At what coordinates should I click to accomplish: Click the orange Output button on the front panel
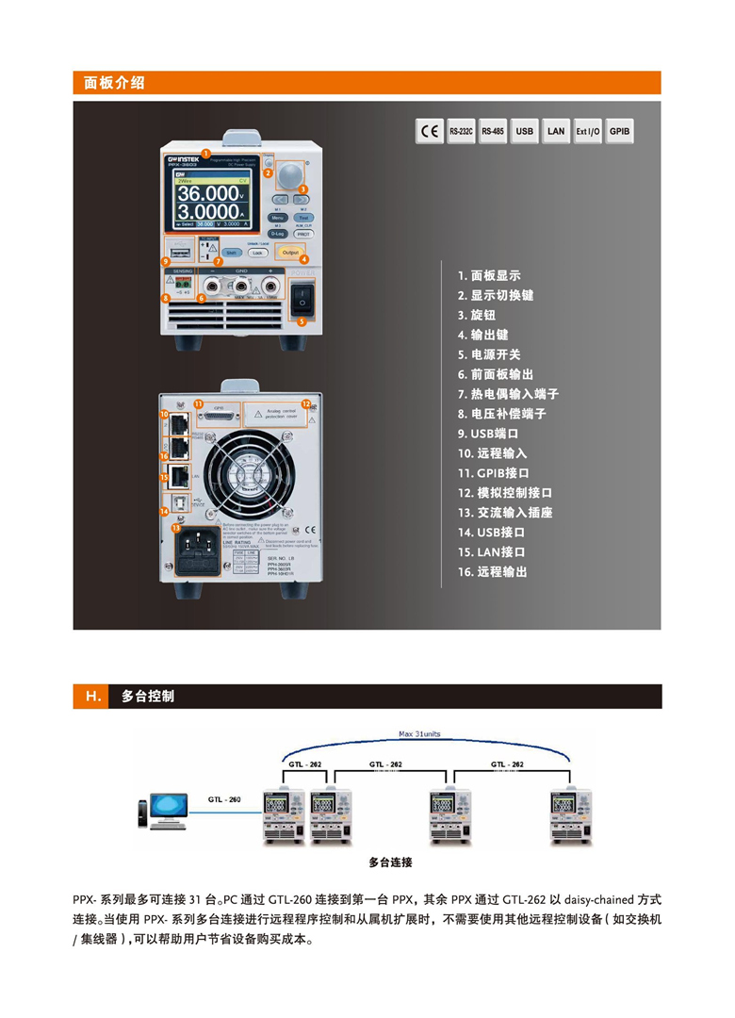290,252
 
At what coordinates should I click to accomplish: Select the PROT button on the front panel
303,233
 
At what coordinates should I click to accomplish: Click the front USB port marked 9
182,254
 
